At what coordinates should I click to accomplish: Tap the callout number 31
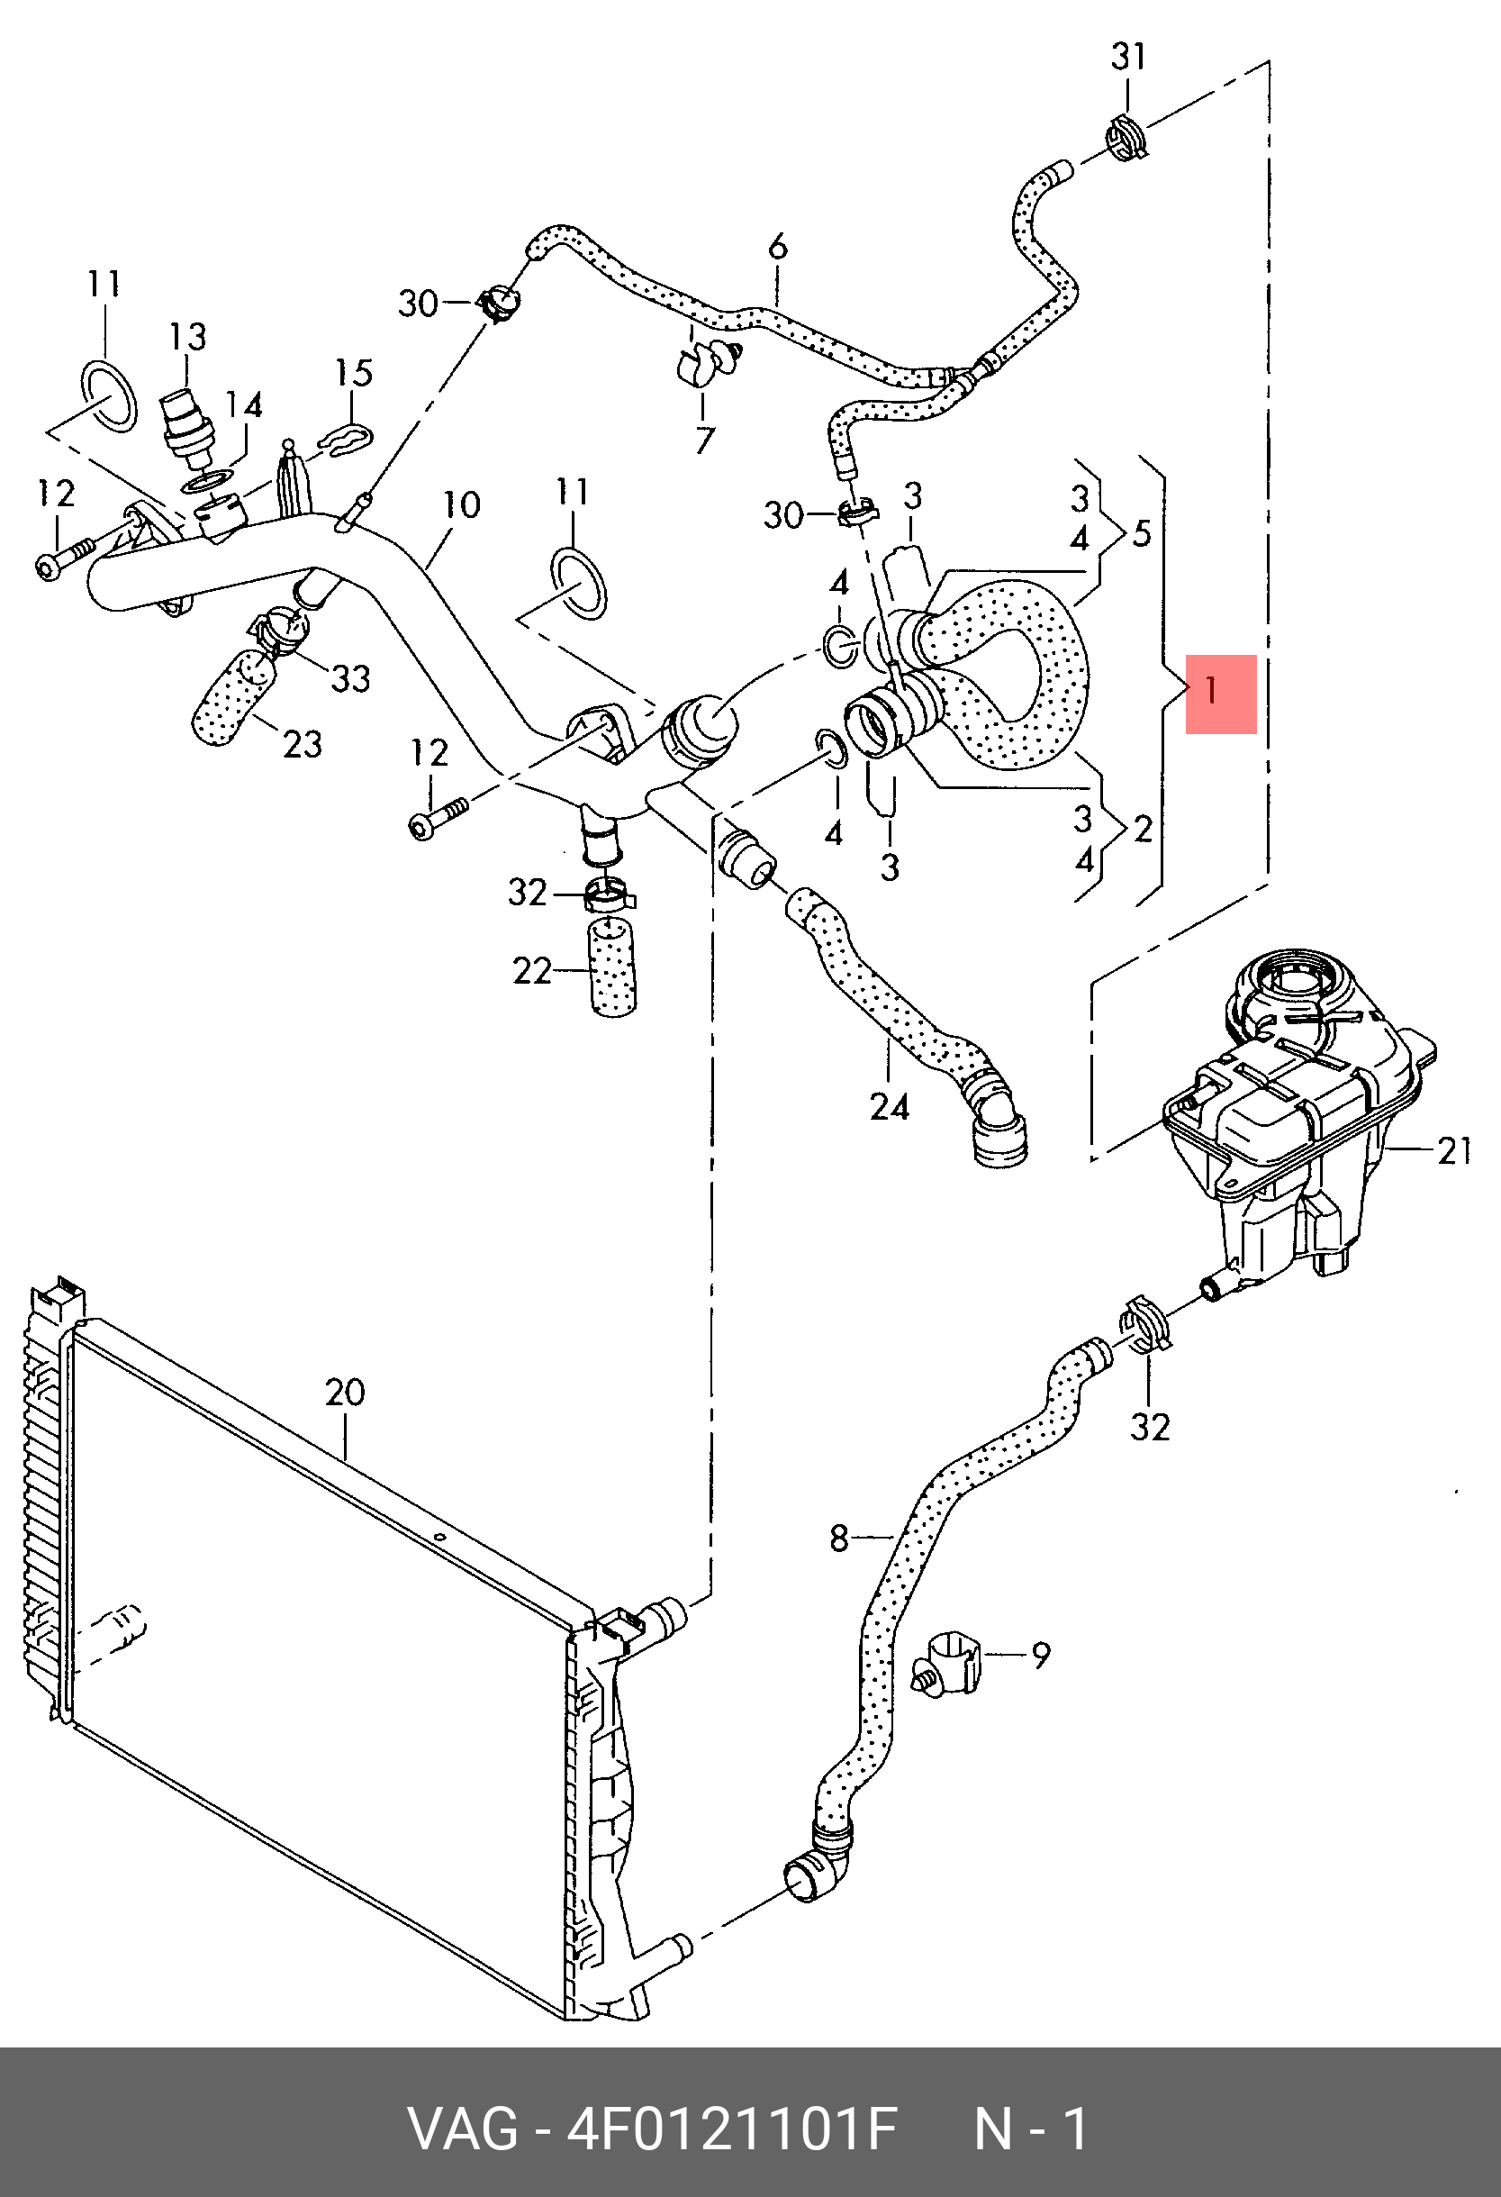click(x=1128, y=57)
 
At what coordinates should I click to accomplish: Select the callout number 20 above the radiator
click(x=345, y=1392)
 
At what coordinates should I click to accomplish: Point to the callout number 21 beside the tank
click(x=1455, y=1149)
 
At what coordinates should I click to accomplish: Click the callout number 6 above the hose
click(x=778, y=248)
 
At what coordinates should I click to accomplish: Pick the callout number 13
click(x=188, y=337)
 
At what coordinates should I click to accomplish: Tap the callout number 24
click(x=890, y=1107)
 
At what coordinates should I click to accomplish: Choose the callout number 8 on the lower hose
click(x=839, y=1539)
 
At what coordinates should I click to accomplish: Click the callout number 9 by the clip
click(x=1041, y=1656)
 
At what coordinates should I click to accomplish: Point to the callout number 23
click(x=303, y=744)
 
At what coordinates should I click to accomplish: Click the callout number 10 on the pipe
click(x=462, y=504)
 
